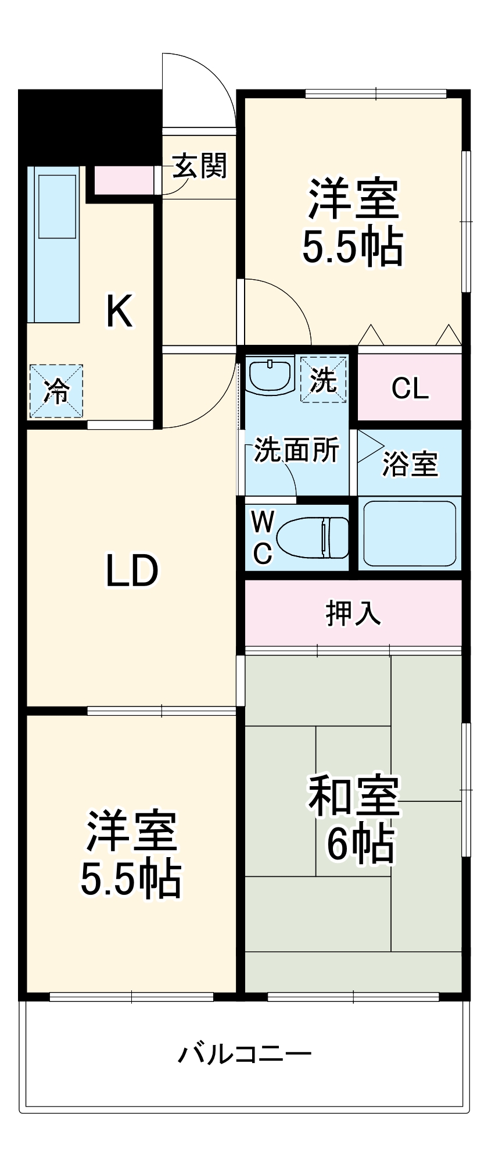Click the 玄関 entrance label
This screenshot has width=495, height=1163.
click(x=199, y=167)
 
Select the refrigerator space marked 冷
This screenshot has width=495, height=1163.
click(x=56, y=391)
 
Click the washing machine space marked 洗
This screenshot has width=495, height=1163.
click(x=323, y=380)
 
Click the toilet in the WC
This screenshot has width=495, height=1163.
click(x=312, y=537)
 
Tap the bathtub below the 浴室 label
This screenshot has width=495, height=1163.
click(x=409, y=533)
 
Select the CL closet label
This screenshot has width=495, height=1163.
click(x=410, y=388)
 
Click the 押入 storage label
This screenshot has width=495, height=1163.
click(x=353, y=612)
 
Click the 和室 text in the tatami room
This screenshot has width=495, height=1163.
click(x=354, y=795)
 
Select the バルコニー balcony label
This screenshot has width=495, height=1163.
click(x=244, y=1054)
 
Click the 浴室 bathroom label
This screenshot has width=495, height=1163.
click(x=410, y=464)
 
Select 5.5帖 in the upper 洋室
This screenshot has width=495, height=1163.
click(x=353, y=247)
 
